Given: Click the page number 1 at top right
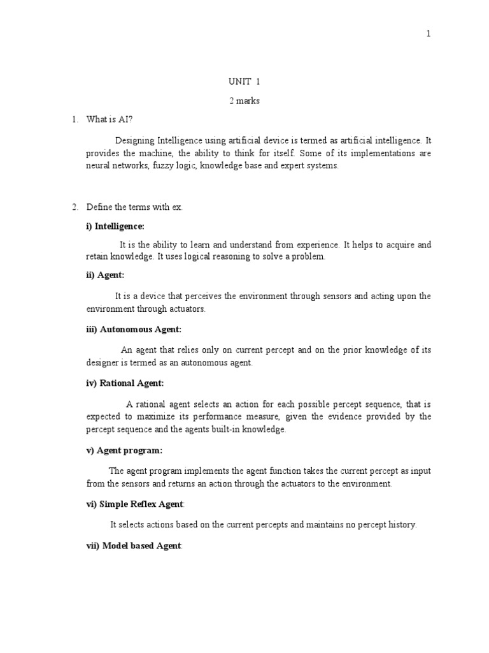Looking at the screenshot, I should pos(429,34).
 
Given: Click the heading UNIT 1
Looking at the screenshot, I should pos(244,82).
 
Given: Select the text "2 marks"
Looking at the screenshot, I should pos(244,101).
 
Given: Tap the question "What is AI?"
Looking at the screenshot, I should pos(110,119).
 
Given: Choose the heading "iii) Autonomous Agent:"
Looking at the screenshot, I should pos(134,329).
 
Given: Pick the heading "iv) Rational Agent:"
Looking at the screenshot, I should pos(125,383).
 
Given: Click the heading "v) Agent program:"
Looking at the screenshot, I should pos(124,450).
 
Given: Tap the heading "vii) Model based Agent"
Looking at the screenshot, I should pos(134,546).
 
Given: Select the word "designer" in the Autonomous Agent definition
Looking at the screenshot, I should pos(102,363).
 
